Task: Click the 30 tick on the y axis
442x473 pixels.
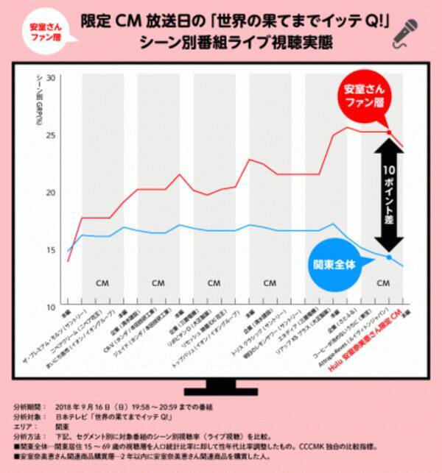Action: coord(51,78)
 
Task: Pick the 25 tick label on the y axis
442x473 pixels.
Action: coord(51,135)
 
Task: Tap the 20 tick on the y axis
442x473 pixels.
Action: coord(51,193)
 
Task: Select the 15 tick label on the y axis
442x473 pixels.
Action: coord(51,250)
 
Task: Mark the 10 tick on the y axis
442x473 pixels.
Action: coord(51,307)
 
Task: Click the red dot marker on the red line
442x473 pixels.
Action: coord(388,132)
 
